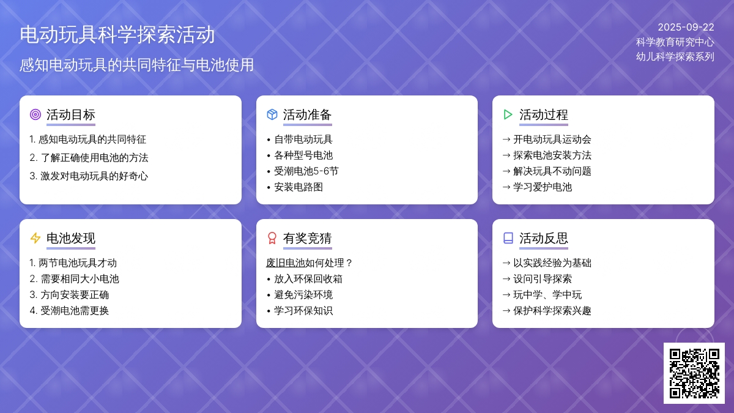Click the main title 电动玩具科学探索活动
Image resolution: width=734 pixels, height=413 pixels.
117,35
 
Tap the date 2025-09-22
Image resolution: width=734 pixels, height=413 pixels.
686,27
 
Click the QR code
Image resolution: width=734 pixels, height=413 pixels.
694,373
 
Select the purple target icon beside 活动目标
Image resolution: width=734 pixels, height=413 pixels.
35,115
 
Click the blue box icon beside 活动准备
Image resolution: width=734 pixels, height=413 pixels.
272,115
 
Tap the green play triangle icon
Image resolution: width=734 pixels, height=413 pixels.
508,115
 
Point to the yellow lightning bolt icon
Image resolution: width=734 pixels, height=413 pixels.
35,238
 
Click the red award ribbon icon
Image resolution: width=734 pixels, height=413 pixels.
272,238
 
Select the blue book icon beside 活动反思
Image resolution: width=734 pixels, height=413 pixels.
508,238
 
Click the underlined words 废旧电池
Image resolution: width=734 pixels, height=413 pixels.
286,263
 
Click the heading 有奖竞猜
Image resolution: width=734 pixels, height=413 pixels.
307,238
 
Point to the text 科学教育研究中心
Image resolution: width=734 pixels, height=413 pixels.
675,42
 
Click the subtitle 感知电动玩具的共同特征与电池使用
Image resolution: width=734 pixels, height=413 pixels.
136,65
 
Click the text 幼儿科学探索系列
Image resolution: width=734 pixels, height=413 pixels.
675,57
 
